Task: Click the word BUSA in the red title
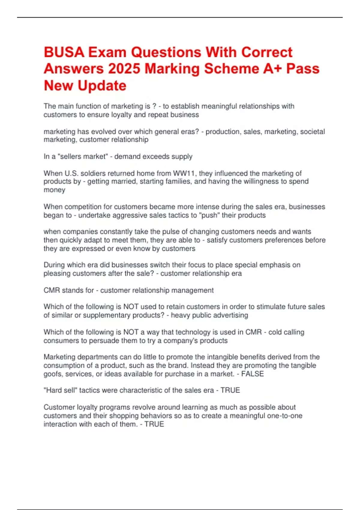pyautogui.click(x=64, y=52)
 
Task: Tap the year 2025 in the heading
pyautogui.click(x=124, y=69)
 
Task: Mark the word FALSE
pyautogui.click(x=253, y=374)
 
